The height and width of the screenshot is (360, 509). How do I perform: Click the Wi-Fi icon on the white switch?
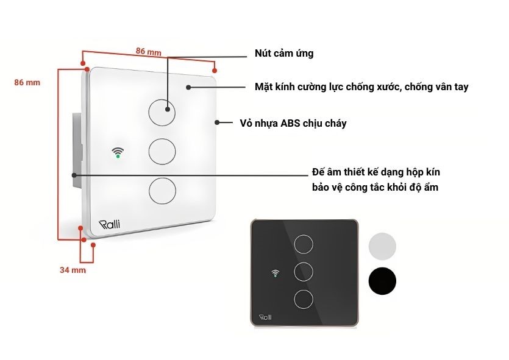coord(118,152)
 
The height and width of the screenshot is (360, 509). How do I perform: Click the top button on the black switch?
coord(303,244)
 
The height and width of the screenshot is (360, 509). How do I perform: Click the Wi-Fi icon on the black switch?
coord(275,272)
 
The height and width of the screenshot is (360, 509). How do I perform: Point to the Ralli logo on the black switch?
coord(266,317)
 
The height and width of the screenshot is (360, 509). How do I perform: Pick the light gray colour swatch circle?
coord(382,247)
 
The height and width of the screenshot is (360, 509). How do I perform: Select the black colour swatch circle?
coord(382,281)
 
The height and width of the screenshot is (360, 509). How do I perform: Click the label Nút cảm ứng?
coord(283,54)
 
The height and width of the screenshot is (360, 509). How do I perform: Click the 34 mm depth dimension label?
coord(73,269)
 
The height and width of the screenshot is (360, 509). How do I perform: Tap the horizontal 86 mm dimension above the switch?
coord(148,52)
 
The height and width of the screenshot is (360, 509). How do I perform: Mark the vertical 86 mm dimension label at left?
coord(27,82)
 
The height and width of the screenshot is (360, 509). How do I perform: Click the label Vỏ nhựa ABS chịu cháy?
coord(293,123)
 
